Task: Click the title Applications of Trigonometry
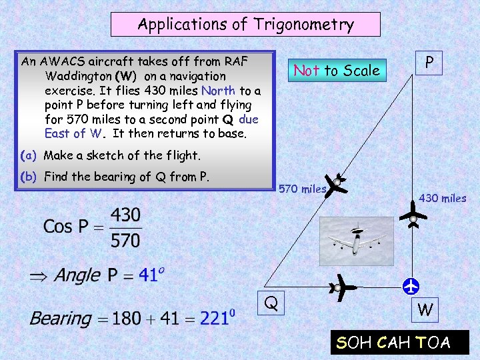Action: click(x=245, y=25)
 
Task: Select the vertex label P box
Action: click(x=430, y=63)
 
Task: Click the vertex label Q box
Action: click(x=270, y=304)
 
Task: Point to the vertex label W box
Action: click(x=425, y=309)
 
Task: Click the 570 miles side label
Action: click(x=302, y=189)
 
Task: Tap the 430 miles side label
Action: click(x=443, y=198)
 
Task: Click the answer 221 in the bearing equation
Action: click(x=216, y=319)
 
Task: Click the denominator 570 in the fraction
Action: click(x=125, y=239)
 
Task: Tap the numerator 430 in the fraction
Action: click(x=125, y=215)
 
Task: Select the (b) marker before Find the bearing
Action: click(x=28, y=177)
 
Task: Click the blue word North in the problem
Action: click(x=218, y=90)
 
